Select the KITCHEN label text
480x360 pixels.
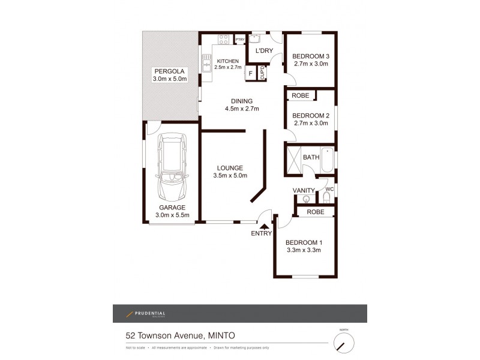tap(228, 61)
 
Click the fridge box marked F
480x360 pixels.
tap(251, 74)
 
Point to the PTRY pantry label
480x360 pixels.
tap(240, 40)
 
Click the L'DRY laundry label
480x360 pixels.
tap(265, 51)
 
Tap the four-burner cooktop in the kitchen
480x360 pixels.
tap(224, 41)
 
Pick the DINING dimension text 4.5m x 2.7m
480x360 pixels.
tap(241, 109)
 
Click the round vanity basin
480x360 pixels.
tap(307, 199)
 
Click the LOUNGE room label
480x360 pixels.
tap(230, 167)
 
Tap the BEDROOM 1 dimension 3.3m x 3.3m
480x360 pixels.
tap(304, 250)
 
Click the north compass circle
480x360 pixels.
tap(343, 343)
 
